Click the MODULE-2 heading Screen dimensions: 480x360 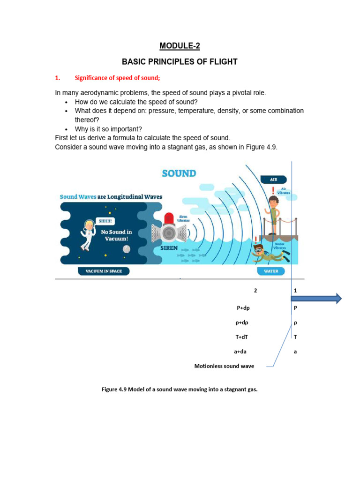180,46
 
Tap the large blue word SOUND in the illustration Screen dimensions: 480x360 179,173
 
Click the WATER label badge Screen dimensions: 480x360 270,271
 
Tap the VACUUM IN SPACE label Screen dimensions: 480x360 103,271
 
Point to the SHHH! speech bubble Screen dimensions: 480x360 105,221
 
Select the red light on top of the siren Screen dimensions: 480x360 169,218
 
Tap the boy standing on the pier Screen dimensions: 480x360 273,214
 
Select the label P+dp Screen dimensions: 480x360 246,308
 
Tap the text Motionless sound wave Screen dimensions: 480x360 224,366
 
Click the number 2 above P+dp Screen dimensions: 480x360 255,291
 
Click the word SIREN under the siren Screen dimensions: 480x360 169,248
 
